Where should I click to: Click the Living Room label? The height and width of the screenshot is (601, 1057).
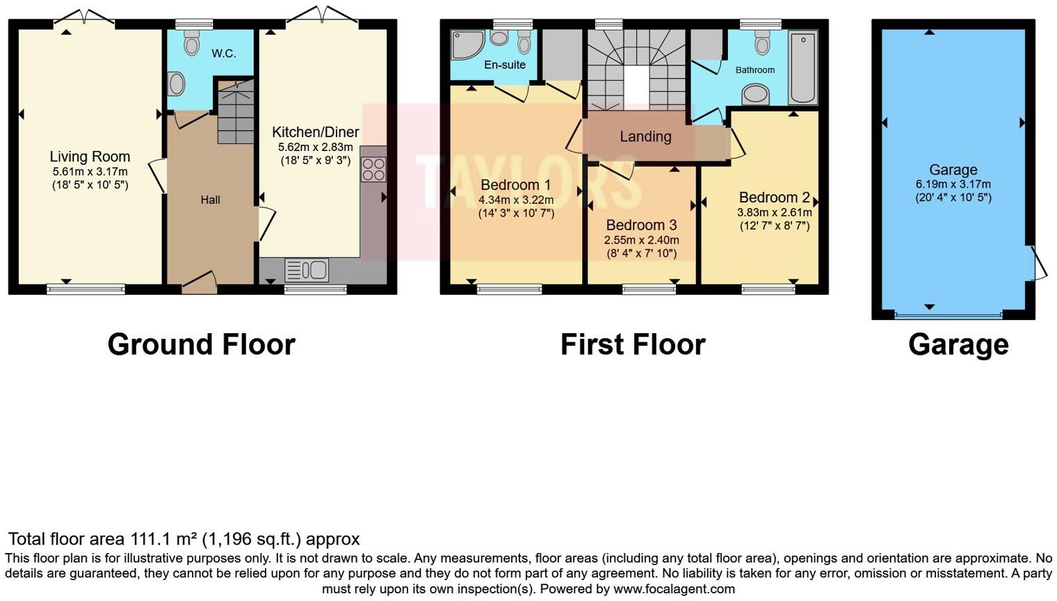(90, 157)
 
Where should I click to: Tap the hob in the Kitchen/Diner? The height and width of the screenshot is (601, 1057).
(373, 169)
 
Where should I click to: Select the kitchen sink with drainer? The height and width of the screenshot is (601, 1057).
(307, 270)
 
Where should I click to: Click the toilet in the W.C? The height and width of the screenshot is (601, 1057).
(191, 43)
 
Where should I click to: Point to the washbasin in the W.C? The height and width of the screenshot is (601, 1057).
(177, 85)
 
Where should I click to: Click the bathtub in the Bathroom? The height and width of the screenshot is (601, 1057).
(802, 67)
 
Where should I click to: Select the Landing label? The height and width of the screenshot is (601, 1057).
(645, 137)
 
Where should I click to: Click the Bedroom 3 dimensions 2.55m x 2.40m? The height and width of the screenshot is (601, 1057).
(640, 240)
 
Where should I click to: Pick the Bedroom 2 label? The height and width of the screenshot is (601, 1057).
(774, 198)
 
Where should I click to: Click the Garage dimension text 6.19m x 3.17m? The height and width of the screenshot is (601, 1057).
(953, 184)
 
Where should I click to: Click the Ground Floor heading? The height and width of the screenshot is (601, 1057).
(201, 344)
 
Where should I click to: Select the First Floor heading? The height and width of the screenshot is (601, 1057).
(633, 344)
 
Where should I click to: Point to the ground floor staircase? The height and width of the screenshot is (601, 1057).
(236, 113)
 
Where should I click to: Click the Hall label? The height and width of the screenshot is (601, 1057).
(210, 200)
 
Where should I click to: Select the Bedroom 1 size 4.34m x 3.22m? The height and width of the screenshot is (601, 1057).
(515, 200)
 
